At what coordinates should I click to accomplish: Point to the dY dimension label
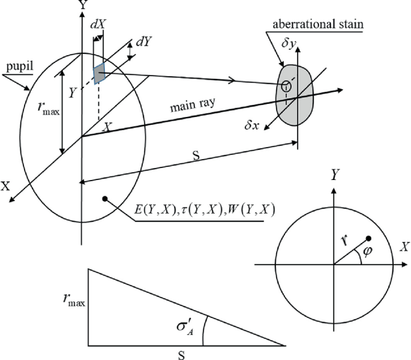[x=143, y=43]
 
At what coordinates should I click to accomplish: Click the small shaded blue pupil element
[x=99, y=73]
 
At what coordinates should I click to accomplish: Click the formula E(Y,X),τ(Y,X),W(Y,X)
[x=200, y=211]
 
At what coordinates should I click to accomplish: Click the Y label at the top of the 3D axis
[x=79, y=6]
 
